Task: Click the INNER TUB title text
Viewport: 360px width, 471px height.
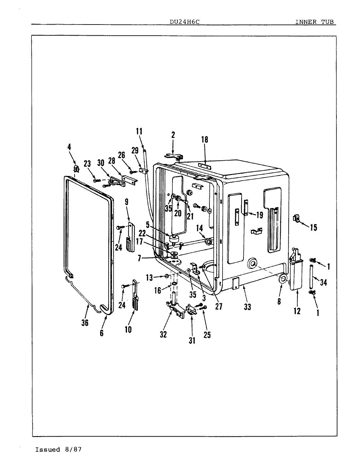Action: [x=315, y=22]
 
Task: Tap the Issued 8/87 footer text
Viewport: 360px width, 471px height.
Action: [x=58, y=449]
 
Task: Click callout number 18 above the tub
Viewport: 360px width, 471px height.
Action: [x=205, y=140]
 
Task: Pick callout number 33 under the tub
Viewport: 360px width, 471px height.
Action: [x=247, y=307]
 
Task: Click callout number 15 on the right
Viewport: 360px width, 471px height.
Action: [x=314, y=227]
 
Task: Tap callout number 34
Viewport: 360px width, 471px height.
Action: [x=323, y=282]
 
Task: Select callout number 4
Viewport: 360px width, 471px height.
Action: [x=69, y=147]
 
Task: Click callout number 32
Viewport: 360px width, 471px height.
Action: [x=163, y=334]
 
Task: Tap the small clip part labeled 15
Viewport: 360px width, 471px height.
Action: [x=297, y=218]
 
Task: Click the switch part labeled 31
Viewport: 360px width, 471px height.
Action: [x=190, y=310]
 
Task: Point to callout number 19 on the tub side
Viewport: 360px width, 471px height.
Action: [x=259, y=215]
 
